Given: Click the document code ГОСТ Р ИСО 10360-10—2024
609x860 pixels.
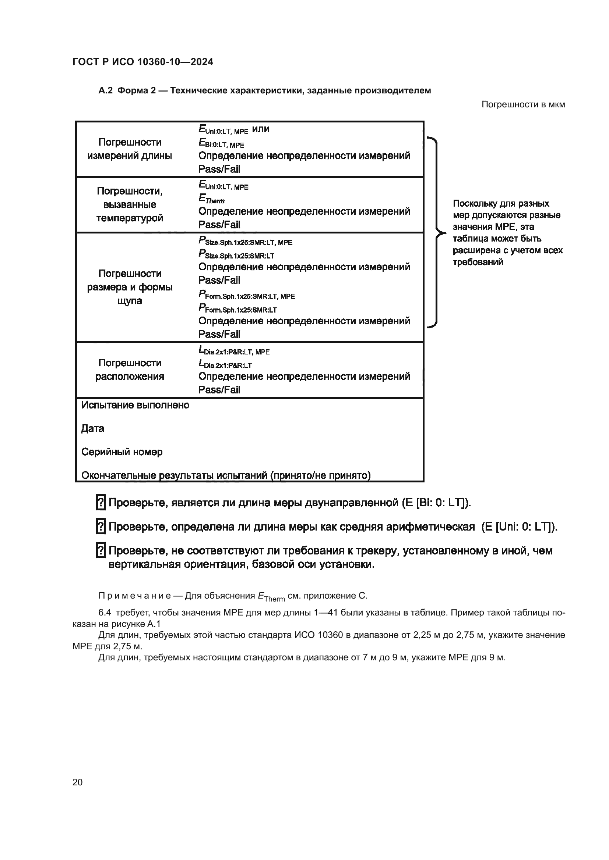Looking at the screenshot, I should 142,62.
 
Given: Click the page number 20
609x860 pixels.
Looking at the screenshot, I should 77,782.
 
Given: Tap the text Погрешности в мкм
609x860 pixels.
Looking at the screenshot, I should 523,104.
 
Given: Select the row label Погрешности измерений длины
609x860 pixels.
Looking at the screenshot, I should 130,149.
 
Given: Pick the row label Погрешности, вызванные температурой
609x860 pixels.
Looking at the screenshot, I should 130,204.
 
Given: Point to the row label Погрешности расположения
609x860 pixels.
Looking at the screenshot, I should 130,369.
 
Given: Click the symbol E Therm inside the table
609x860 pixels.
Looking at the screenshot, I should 211,199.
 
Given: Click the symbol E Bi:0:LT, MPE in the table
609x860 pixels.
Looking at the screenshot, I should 221,143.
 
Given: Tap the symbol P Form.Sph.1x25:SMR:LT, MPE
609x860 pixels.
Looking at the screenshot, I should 246,296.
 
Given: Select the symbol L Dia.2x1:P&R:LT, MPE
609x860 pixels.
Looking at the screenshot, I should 234,351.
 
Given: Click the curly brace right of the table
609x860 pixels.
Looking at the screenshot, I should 435,233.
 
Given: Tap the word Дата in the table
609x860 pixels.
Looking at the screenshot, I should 93,428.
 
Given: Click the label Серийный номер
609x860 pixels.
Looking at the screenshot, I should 122,452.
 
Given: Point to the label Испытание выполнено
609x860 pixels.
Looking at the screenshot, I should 135,405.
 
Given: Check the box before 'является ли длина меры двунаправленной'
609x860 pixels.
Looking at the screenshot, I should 101,503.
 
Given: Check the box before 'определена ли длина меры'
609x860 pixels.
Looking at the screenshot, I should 101,527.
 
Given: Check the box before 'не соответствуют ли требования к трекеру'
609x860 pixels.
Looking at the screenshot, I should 101,551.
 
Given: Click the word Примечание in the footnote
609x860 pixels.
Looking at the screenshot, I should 135,596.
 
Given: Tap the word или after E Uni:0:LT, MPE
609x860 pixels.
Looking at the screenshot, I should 261,129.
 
